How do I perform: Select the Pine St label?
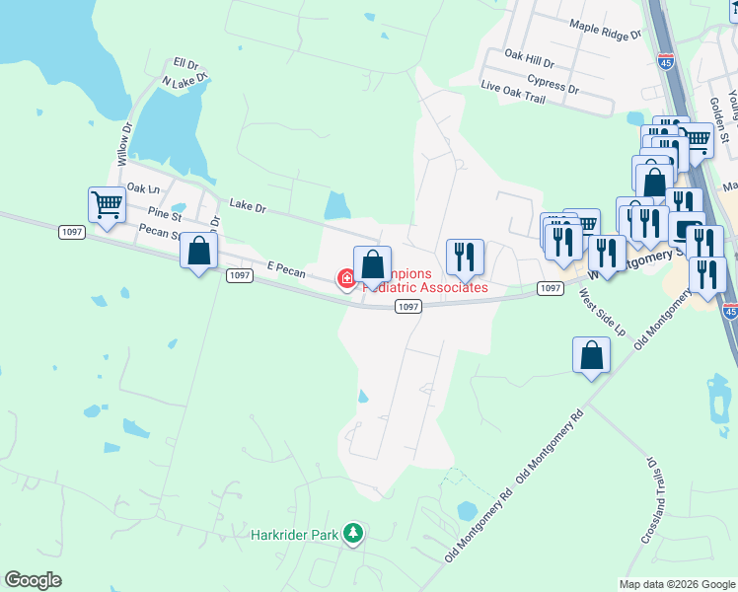coord(164,213)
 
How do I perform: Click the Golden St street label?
coord(718,117)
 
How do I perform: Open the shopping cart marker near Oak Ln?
coord(107,205)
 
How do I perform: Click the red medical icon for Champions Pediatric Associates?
coord(346,280)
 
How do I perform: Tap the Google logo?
coord(33,580)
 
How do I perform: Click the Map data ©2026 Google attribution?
coord(677,584)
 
